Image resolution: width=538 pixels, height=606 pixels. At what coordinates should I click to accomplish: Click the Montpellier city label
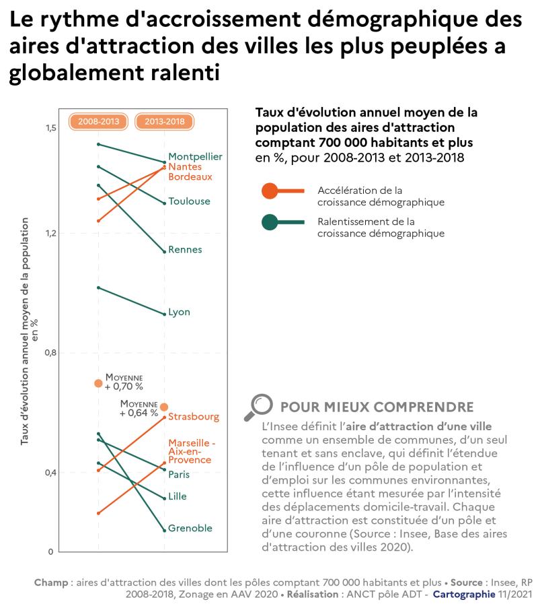pos(195,156)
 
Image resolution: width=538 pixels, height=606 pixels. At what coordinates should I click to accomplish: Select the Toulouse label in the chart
pos(189,201)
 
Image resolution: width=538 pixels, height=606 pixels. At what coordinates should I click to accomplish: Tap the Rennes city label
pos(185,250)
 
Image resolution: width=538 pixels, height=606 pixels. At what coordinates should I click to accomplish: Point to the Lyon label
pos(179,312)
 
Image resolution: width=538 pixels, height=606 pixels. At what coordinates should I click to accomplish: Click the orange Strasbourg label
pos(194,417)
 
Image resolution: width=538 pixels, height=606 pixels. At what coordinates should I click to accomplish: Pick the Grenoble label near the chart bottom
pos(190,529)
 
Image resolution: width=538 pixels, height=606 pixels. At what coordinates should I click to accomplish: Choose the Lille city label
pos(178,497)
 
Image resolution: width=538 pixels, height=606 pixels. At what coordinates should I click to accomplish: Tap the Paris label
pos(179,475)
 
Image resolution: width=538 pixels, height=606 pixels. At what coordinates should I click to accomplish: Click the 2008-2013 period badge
pos(99,122)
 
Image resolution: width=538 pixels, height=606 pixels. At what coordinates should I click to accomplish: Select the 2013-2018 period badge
pos(165,122)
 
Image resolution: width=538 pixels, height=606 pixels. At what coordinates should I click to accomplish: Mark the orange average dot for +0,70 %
pos(98,383)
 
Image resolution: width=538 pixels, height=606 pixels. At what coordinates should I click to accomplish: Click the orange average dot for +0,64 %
pos(164,407)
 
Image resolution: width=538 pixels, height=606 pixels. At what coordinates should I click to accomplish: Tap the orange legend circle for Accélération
pos(270,191)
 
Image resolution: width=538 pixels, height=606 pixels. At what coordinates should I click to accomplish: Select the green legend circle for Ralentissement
pos(270,222)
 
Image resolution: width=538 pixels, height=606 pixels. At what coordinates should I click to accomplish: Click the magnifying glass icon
pos(258,406)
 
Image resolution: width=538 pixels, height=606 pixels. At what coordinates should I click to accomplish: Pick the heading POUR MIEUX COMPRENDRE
pos(377,407)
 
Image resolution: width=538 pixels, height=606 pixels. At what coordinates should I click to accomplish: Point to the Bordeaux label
pos(190,177)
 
